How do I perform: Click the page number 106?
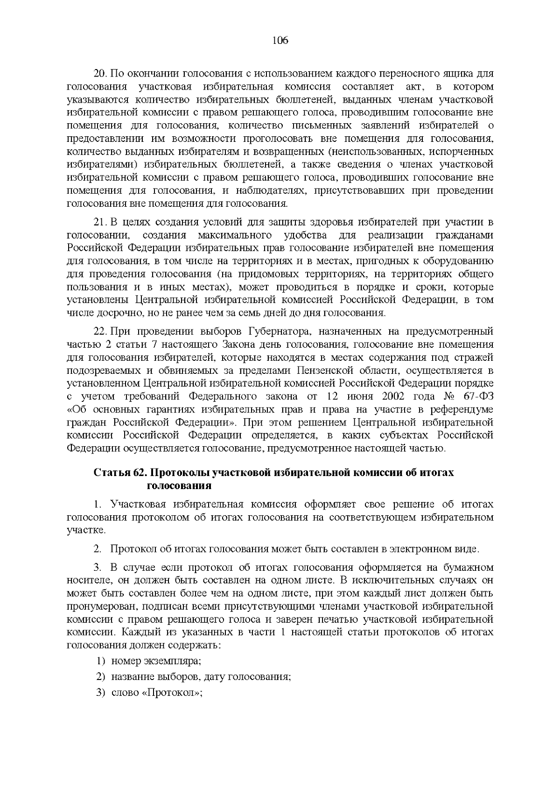coord(280,41)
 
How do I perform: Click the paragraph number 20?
coord(101,74)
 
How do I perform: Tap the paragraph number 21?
coord(101,222)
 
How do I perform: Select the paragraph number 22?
coord(101,332)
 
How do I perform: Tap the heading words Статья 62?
coord(120,473)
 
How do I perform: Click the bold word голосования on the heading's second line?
coord(179,486)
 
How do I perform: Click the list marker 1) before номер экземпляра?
coord(100,661)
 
